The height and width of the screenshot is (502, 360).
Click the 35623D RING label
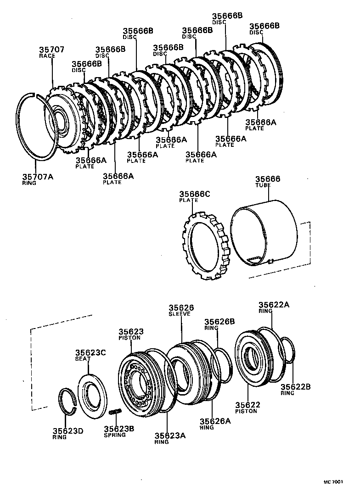(67, 433)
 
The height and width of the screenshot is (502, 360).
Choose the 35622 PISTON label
(248, 407)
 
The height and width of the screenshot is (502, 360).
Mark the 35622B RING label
(296, 389)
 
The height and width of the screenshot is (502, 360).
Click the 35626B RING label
(219, 324)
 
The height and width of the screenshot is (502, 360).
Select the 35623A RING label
(169, 438)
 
